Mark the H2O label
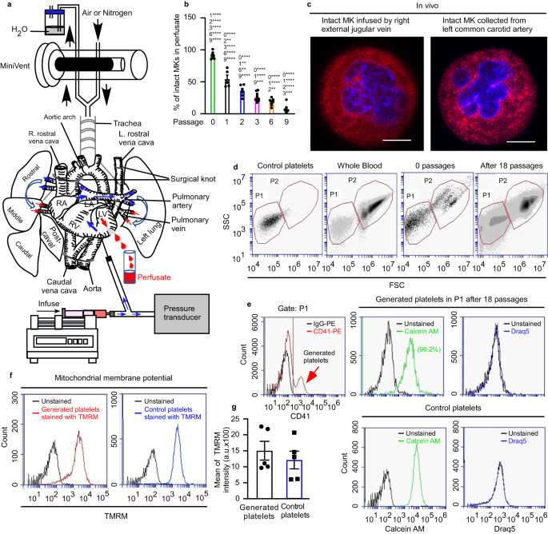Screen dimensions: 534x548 click(x=17, y=30)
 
